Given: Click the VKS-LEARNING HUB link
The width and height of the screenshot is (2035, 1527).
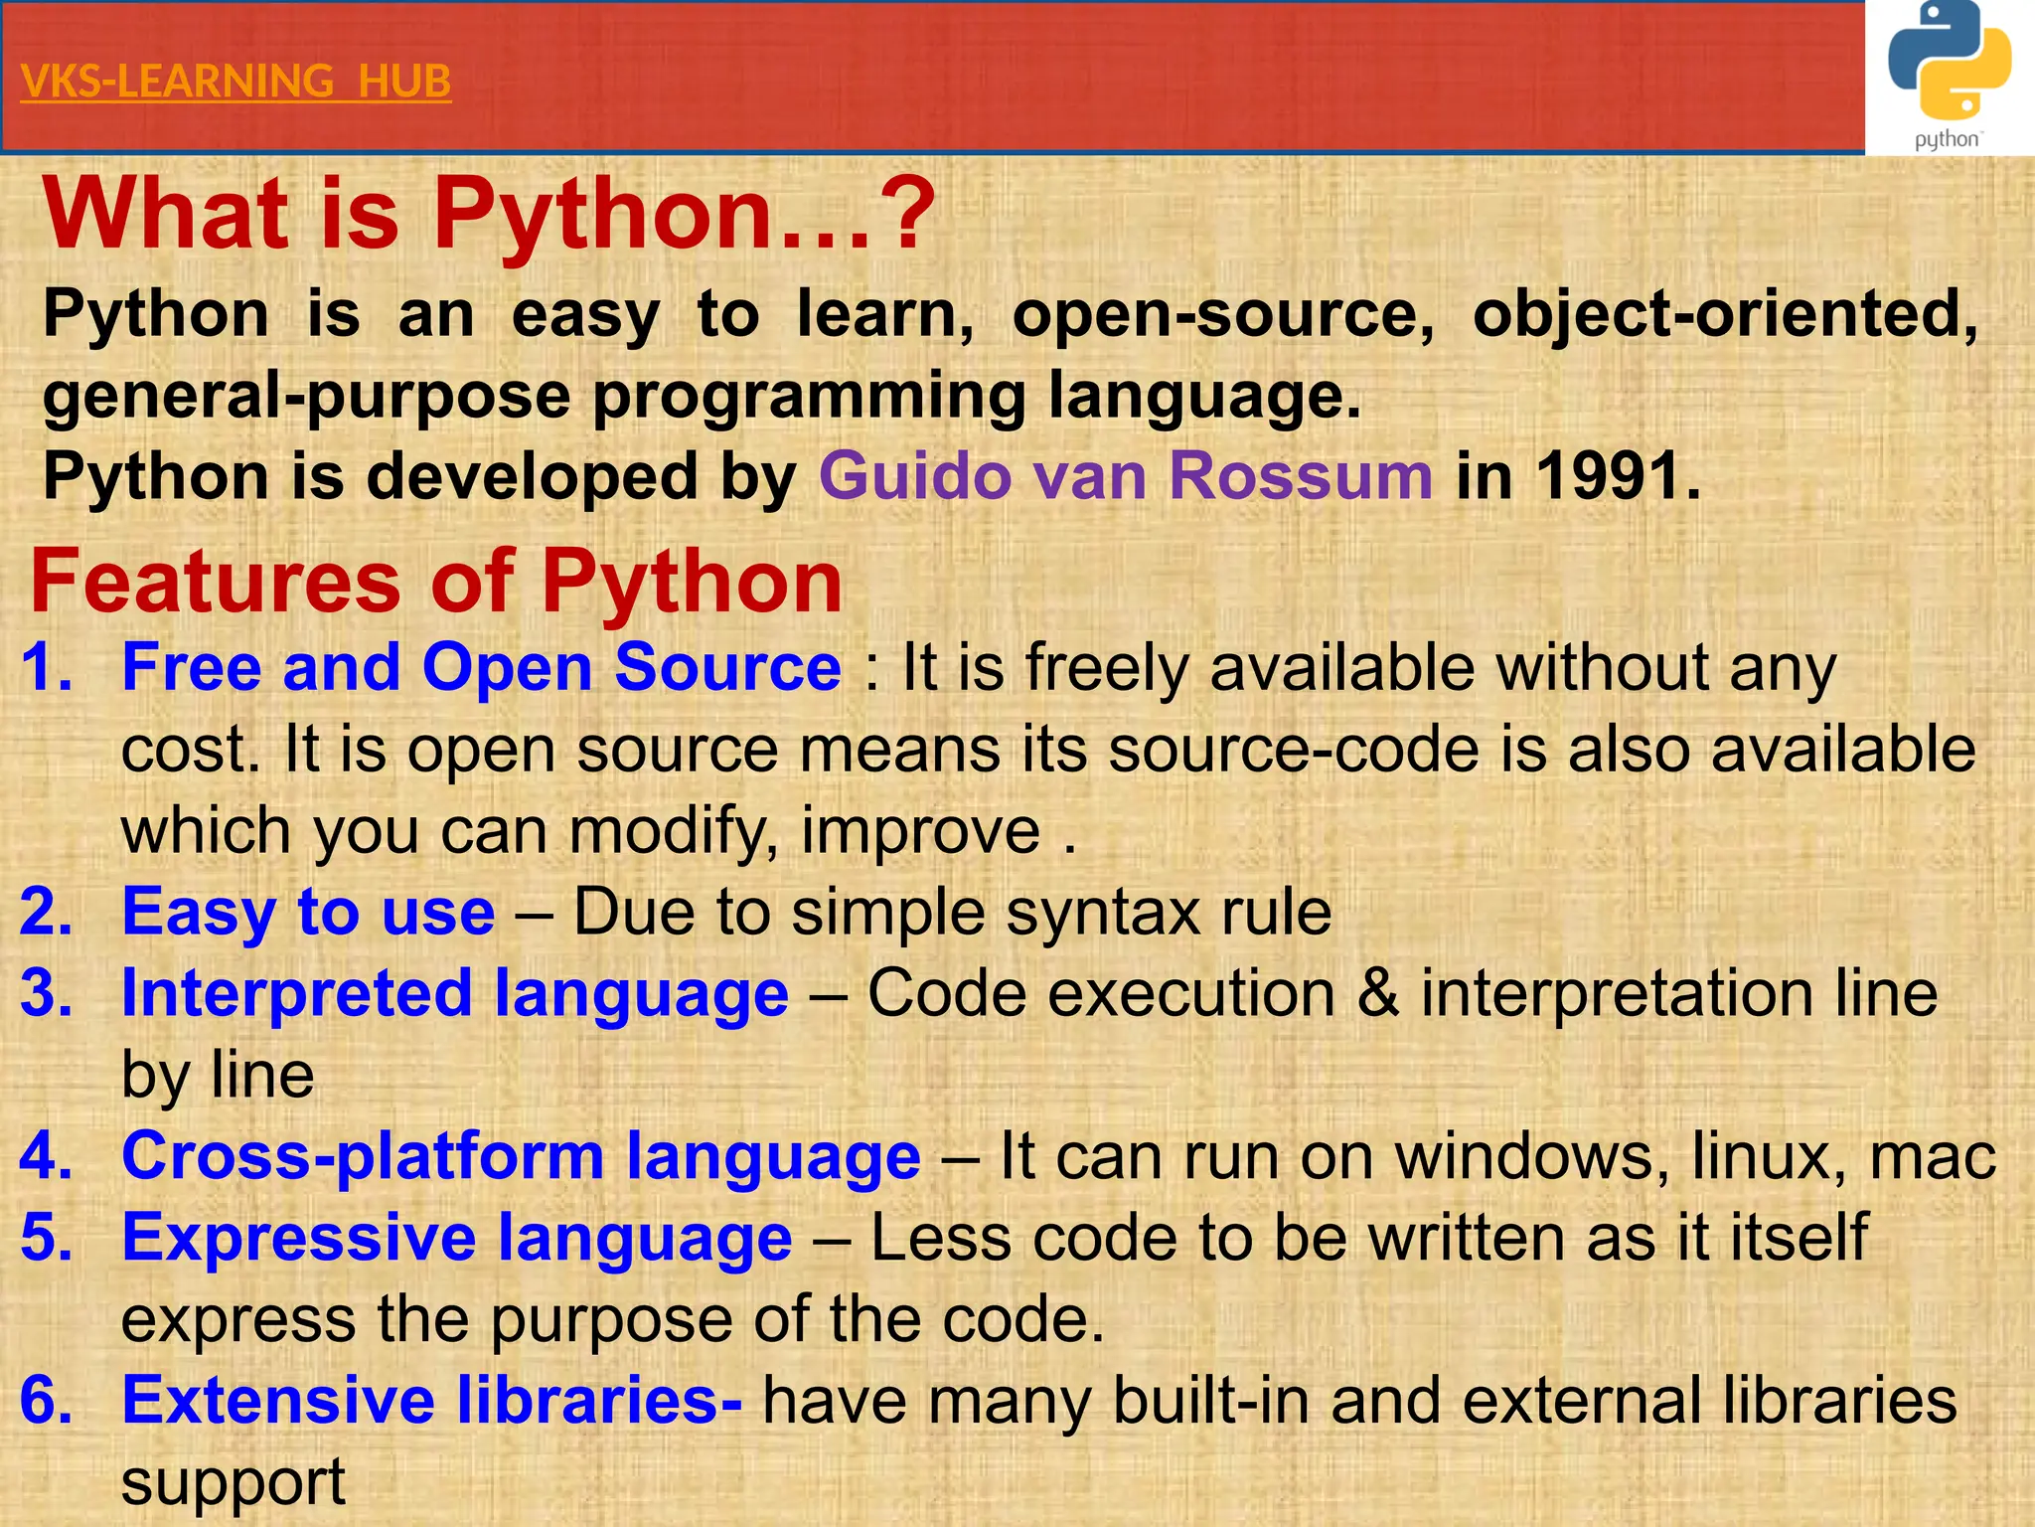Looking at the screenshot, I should [x=235, y=81].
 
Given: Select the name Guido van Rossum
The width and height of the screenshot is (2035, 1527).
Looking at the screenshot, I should [x=1126, y=475].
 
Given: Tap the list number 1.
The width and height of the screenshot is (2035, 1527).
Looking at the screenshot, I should [x=46, y=666].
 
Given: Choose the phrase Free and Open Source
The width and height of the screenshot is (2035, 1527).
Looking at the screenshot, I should [x=481, y=666].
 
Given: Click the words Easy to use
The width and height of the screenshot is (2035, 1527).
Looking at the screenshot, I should [x=308, y=911].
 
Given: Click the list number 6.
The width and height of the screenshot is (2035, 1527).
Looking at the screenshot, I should [x=46, y=1400].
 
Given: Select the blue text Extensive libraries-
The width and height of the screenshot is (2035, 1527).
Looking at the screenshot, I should [x=431, y=1400].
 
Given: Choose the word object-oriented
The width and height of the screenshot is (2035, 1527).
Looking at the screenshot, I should [x=1725, y=314].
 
